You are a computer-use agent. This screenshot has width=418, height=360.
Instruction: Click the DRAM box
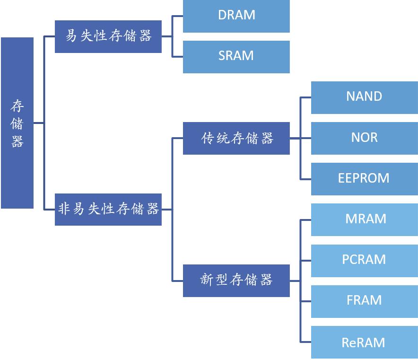pos(236,16)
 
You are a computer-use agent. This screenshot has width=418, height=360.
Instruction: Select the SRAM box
pos(236,56)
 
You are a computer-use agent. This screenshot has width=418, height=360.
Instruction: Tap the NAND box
pos(364,97)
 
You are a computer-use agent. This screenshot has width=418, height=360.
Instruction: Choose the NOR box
pos(364,138)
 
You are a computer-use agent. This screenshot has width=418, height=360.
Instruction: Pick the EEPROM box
pos(364,178)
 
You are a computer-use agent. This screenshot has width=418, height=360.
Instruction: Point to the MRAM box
pos(364,219)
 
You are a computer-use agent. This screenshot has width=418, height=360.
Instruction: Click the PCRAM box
pos(364,260)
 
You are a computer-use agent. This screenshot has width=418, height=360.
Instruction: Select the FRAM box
pos(364,300)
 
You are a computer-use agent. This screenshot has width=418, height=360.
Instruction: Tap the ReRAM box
pos(364,342)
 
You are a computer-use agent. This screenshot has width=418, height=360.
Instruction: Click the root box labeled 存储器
pos(17,123)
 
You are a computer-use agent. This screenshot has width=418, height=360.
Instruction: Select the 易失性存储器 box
pos(108,36)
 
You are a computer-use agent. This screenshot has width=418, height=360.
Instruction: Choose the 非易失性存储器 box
pos(108,209)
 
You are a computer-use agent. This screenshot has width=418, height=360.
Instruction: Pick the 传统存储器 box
pos(236,138)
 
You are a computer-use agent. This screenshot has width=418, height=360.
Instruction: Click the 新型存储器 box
pos(236,280)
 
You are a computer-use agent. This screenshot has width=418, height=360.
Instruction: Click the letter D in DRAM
pos(223,15)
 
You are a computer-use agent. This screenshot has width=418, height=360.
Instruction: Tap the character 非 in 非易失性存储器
pos(64,209)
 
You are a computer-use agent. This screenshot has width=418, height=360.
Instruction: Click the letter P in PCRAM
pos(346,260)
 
